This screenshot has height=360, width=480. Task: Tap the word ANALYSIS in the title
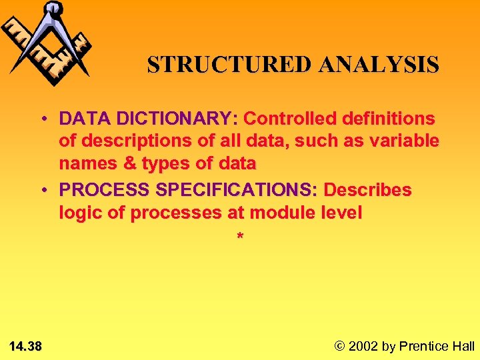click(x=379, y=65)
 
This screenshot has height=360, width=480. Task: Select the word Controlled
click(x=291, y=119)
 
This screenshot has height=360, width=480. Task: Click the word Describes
click(x=368, y=190)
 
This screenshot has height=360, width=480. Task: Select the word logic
click(x=79, y=213)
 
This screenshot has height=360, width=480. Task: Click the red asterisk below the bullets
click(x=240, y=237)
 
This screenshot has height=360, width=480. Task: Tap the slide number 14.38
click(x=26, y=346)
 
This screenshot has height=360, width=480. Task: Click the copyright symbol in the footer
click(x=340, y=346)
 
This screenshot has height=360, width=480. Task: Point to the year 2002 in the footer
click(x=363, y=346)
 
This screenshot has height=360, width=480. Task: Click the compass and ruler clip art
click(x=47, y=42)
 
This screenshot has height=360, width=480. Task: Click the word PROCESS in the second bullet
click(x=104, y=190)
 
